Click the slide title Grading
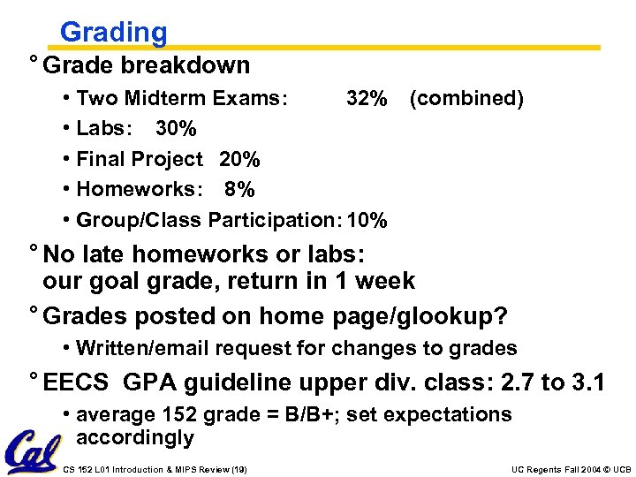113,33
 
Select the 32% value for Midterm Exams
366,98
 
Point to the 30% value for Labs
176,129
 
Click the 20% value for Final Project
239,159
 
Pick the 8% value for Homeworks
239,189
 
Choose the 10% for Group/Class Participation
367,220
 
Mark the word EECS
76,382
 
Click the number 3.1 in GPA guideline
587,382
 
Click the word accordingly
135,437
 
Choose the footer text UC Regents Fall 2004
547,469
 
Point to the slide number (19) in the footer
237,469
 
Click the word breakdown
185,65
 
